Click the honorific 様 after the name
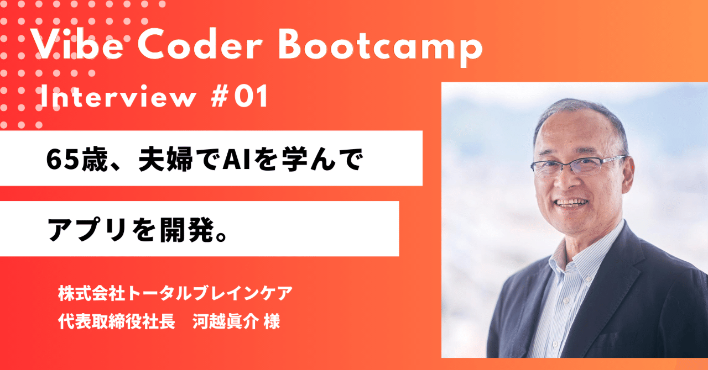[x=272, y=322]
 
